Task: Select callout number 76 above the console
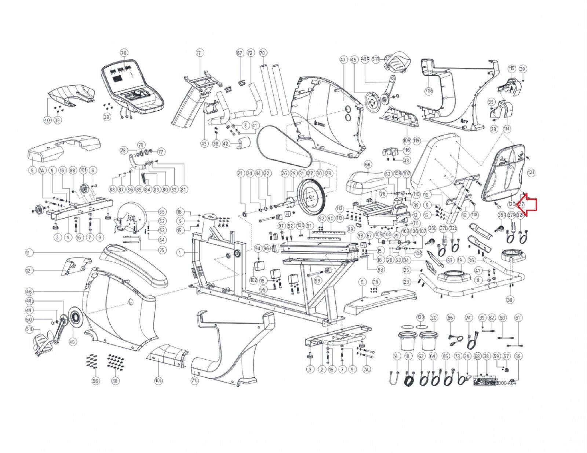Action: point(123,53)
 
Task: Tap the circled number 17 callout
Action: point(199,53)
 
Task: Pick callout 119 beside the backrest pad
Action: point(416,140)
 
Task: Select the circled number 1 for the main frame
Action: point(180,252)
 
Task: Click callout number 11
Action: point(29,253)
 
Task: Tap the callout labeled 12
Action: point(29,270)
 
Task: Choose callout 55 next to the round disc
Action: point(162,212)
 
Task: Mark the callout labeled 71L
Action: point(195,381)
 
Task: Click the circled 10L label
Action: point(158,381)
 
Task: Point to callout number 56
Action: point(95,381)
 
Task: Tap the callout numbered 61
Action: point(518,317)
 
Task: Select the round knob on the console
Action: point(137,94)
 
